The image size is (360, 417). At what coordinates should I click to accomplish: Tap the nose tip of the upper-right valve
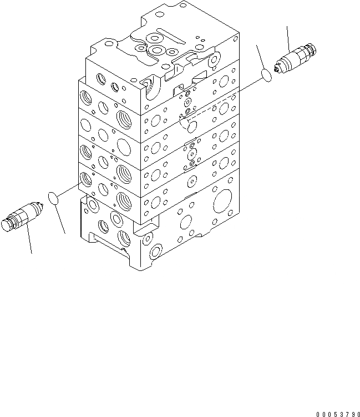click(277, 71)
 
